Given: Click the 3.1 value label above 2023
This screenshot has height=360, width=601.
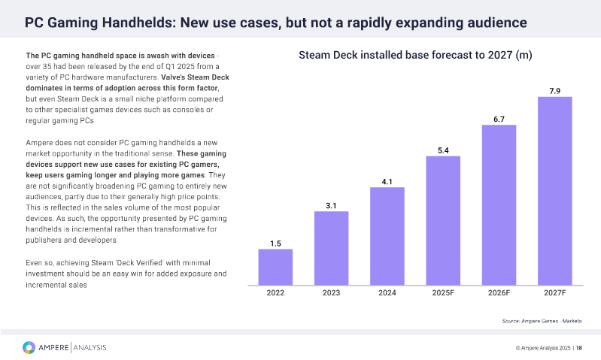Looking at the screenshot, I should pos(331,205).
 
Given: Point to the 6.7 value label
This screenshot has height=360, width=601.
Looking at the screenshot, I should pos(499,118).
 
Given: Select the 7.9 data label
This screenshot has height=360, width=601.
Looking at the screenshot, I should pos(555,90).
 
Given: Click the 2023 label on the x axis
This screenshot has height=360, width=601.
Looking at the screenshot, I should pos(331,294).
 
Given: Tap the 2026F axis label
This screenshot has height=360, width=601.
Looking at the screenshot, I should pos(499,294).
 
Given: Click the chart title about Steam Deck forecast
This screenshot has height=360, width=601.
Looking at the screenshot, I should pos(415,56).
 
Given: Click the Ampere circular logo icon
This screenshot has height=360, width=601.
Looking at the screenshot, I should pos(28,346).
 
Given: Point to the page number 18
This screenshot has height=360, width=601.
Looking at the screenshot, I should pos(579,347).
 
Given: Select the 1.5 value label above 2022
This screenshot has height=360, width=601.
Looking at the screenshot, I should pos(275,243).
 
